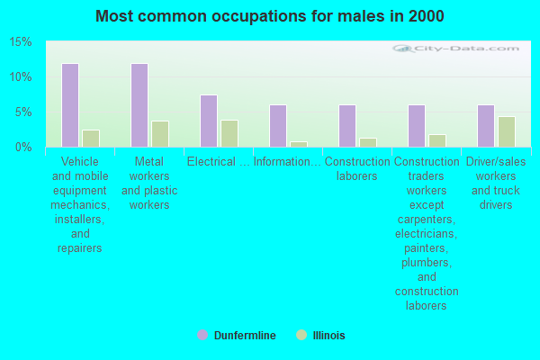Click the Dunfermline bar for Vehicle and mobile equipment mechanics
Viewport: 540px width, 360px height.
click(70, 105)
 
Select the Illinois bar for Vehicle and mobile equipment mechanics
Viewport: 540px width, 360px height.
click(91, 139)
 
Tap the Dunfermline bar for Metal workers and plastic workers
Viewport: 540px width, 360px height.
click(139, 105)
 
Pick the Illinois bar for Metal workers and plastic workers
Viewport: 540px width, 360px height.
click(160, 134)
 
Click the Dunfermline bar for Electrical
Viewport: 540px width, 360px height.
click(209, 121)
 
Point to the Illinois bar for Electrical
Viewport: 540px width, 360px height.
click(229, 134)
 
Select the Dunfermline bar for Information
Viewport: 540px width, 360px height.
click(278, 126)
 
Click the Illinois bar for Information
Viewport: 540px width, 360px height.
click(299, 144)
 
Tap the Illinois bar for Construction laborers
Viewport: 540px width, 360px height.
click(368, 142)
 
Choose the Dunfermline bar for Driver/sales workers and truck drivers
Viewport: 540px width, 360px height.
click(486, 126)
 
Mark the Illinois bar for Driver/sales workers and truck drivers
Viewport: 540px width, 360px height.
click(507, 132)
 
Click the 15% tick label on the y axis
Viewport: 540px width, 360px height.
click(21, 42)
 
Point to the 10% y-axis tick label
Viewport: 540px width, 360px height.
click(21, 77)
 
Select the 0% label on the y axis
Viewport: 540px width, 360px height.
click(23, 148)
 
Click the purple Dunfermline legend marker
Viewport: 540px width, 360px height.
click(202, 335)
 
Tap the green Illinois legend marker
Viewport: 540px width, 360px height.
click(301, 335)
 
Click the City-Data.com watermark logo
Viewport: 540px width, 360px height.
click(455, 49)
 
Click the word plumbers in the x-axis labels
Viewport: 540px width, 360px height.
click(427, 263)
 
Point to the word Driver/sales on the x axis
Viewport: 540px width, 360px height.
click(496, 162)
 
